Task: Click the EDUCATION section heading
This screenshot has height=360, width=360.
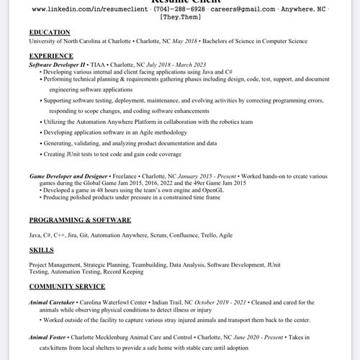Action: [x=50, y=32]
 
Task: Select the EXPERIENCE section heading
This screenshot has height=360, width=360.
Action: [x=51, y=55]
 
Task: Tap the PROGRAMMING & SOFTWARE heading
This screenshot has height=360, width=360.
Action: [x=80, y=220]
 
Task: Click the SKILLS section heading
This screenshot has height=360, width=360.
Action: [x=41, y=250]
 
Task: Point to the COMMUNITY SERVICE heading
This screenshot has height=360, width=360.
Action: [x=67, y=287]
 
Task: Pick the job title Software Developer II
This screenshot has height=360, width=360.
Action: [x=57, y=65]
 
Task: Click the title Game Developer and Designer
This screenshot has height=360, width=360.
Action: [x=68, y=176]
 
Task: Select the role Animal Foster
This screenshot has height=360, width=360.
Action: [x=51, y=337]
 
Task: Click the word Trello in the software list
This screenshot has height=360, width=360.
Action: [x=207, y=235]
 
